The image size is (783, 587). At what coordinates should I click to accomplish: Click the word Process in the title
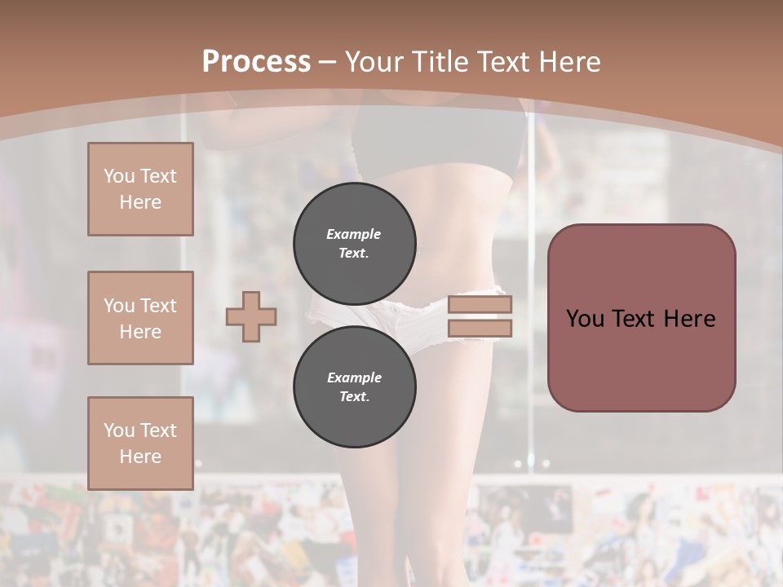256,62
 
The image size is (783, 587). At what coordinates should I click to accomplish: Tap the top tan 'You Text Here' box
140,189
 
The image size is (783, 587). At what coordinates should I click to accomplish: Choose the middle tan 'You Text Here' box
140,318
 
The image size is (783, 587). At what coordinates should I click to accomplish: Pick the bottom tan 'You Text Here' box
140,444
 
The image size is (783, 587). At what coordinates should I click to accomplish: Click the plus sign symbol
251,316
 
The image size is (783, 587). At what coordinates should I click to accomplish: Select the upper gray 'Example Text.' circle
355,244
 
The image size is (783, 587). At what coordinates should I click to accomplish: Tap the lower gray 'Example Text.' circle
355,387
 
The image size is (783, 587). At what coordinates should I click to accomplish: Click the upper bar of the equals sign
480,305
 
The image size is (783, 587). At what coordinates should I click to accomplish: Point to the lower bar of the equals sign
480,329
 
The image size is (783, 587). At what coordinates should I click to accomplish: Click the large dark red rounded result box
641,359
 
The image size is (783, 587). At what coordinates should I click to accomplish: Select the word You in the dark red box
585,319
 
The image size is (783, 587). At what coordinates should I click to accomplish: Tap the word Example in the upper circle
353,234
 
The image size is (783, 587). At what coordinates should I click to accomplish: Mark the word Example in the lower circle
354,377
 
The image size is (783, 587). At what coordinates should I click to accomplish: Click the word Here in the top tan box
140,202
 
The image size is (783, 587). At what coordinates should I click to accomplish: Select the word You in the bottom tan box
119,430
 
